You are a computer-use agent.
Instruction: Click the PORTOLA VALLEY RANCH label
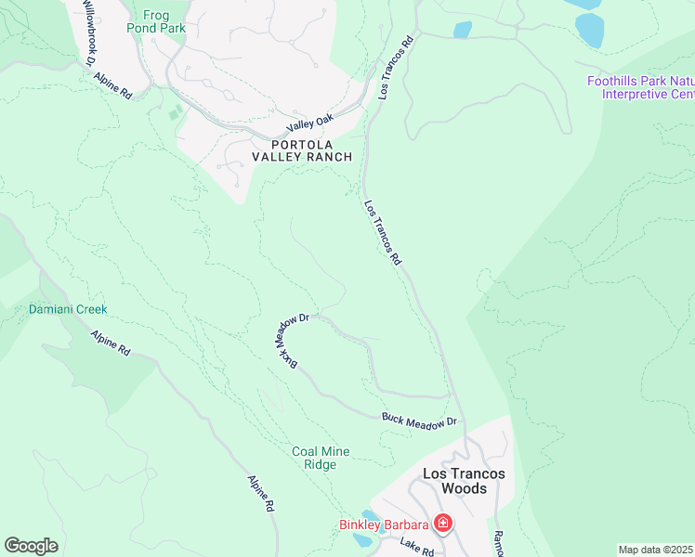302,150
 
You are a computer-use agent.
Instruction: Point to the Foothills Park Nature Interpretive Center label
641,87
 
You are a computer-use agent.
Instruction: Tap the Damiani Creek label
68,309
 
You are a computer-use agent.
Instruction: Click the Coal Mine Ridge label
321,458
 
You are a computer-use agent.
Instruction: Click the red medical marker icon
443,525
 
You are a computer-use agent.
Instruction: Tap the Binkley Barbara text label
383,525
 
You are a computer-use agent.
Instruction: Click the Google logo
31,546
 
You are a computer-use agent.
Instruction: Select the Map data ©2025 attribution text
655,550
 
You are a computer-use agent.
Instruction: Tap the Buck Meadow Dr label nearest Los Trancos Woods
420,420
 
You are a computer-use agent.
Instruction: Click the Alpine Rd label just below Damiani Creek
111,343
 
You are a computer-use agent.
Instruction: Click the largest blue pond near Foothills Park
590,30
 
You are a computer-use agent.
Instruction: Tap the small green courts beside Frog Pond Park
175,112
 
